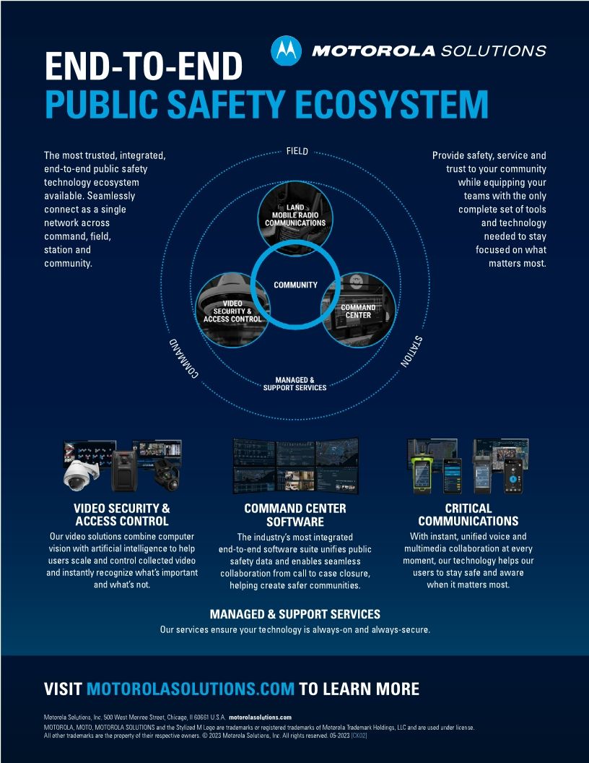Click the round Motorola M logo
pos(285,51)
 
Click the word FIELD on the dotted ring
pos(297,152)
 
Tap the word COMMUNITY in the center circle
pos(295,285)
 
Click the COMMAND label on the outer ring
pos(183,358)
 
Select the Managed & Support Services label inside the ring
pos(294,383)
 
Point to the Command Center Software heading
pos(294,515)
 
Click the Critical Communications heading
pos(468,514)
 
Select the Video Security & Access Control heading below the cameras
pos(122,514)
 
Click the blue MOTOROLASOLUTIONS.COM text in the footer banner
pos(191,689)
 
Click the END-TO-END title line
pos(143,67)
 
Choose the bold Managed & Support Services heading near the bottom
pos(294,614)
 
